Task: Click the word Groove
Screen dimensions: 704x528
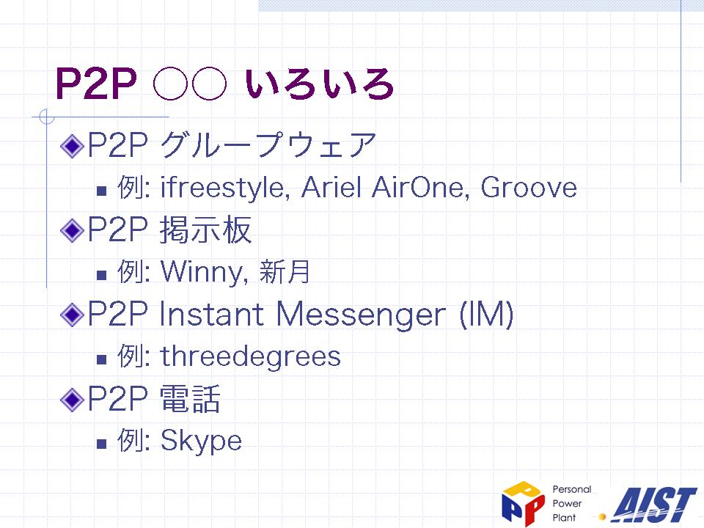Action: (529, 187)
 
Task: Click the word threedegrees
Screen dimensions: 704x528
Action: (251, 356)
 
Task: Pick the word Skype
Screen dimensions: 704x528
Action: (201, 441)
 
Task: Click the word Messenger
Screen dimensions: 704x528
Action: (361, 315)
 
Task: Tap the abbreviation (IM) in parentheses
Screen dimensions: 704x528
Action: (486, 315)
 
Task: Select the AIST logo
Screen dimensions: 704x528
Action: (654, 505)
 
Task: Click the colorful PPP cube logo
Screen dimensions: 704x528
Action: (523, 503)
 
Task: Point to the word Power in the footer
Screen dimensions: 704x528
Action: (567, 503)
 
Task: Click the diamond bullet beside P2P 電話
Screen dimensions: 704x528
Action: (73, 400)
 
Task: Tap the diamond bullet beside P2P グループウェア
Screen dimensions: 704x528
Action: (73, 146)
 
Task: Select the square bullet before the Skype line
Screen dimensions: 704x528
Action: (101, 444)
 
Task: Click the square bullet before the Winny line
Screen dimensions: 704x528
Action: (101, 275)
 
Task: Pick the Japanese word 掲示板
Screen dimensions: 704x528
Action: (205, 230)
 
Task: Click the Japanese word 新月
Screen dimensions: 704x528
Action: (285, 271)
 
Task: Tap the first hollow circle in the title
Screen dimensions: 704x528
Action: (170, 84)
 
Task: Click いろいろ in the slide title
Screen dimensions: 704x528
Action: (320, 84)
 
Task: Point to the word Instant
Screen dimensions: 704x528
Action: (211, 314)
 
